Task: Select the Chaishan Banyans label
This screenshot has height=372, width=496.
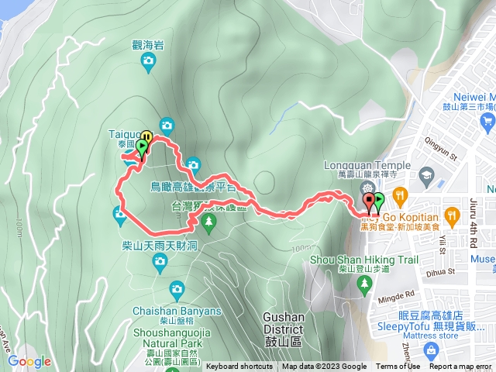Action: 177,311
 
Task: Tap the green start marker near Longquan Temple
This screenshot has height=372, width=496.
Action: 379,203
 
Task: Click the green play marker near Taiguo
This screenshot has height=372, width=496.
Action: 143,146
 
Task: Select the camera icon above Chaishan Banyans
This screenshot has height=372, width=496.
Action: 177,291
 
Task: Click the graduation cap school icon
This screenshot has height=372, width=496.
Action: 425,175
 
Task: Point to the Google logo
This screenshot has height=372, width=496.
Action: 29,361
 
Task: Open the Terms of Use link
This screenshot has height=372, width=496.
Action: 398,367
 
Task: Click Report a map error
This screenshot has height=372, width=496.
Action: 460,367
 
